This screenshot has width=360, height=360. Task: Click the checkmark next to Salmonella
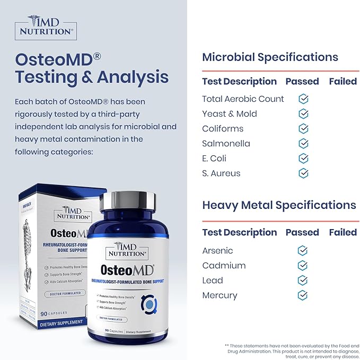[303, 144]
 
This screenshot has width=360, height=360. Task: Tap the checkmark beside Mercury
[302, 295]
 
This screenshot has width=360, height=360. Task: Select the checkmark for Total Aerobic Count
[303, 99]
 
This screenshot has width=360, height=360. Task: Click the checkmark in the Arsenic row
[302, 251]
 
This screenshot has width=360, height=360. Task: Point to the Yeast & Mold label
[229, 114]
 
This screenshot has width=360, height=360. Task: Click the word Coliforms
[223, 129]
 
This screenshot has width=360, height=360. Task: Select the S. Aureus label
[221, 173]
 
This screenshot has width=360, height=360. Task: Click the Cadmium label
[224, 266]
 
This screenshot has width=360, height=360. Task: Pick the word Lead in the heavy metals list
[213, 280]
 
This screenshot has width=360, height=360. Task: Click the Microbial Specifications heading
[270, 57]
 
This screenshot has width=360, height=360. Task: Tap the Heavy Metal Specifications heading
[279, 205]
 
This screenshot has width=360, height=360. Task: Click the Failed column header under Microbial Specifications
[343, 82]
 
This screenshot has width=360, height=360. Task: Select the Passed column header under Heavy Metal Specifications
[302, 232]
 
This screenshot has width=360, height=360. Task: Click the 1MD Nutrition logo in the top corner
[46, 27]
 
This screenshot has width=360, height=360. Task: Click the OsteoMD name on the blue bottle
[125, 270]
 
